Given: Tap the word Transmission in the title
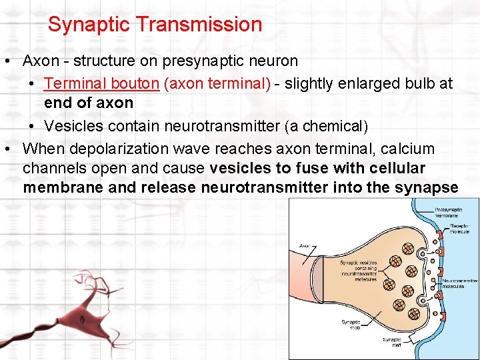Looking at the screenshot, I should [x=199, y=25].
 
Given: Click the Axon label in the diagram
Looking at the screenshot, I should [x=306, y=245].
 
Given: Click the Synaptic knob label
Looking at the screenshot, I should [x=351, y=325].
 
